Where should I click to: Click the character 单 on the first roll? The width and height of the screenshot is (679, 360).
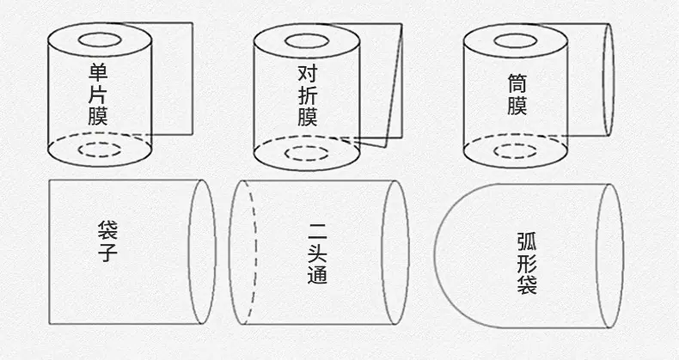[98, 72]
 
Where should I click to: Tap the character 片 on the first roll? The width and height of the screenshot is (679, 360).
[98, 94]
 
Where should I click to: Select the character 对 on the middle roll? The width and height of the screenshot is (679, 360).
[308, 74]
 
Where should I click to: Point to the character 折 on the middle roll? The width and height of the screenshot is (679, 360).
[308, 95]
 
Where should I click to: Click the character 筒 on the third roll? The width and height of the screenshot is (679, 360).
[517, 83]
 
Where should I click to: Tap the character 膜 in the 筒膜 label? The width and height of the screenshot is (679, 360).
[517, 106]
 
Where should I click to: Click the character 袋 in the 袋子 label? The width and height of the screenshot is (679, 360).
[107, 230]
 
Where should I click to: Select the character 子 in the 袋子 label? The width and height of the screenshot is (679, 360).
[107, 253]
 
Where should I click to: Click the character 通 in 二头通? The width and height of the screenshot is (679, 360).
[317, 274]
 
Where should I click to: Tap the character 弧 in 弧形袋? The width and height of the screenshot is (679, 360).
[527, 241]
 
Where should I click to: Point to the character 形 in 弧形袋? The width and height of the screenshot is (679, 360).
[527, 263]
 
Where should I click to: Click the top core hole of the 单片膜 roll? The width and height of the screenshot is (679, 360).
[100, 40]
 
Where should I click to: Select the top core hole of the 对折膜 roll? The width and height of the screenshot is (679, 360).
[307, 41]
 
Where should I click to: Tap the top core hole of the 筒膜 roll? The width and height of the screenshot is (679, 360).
[516, 41]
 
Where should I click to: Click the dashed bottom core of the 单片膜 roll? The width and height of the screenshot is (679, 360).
[100, 149]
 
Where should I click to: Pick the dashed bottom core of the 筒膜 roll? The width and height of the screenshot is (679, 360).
[516, 151]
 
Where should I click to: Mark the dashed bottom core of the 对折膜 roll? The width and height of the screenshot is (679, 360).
[307, 153]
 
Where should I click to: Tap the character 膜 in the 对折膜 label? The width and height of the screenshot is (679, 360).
[308, 117]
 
